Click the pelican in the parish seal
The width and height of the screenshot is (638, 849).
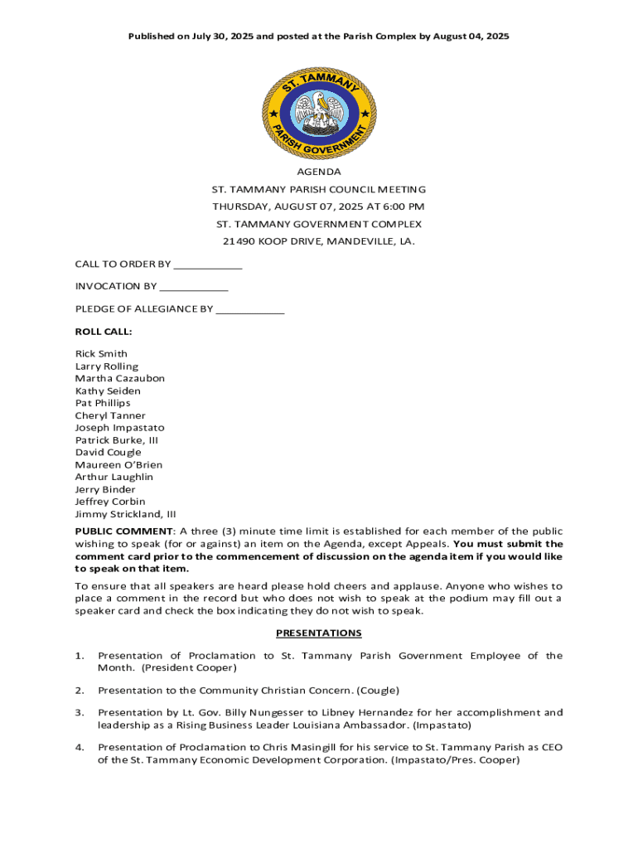[319, 110]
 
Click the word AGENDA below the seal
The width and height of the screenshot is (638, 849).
[319, 172]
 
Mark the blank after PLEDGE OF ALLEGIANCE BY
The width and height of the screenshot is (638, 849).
[250, 309]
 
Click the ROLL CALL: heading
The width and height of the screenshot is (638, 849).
[104, 332]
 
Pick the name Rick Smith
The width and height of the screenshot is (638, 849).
[101, 354]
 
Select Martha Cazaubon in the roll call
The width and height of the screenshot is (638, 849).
[119, 378]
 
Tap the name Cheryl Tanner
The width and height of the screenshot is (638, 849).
[110, 415]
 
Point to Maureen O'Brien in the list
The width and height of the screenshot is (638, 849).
[118, 465]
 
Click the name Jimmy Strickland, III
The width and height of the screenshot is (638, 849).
[125, 514]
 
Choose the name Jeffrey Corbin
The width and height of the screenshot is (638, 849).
[110, 502]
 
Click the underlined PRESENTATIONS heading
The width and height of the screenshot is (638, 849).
[319, 633]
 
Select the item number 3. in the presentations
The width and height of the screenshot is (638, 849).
[80, 712]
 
